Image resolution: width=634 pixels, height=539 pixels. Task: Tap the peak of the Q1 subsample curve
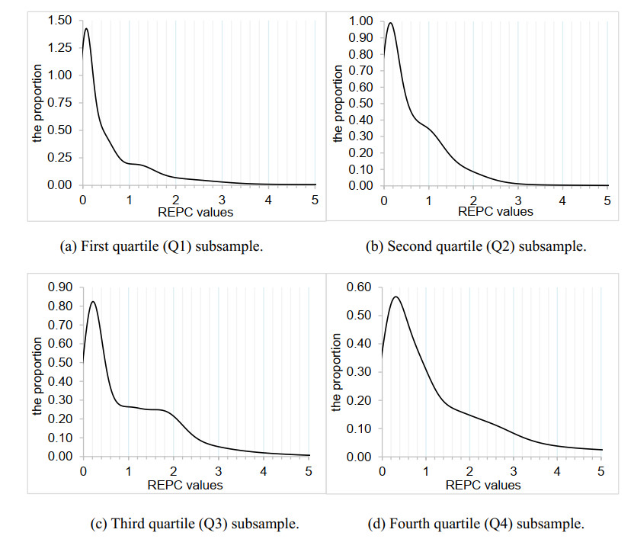coord(86,29)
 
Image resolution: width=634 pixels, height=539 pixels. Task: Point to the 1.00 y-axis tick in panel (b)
coord(362,21)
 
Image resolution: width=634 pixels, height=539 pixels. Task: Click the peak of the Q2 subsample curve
coord(390,23)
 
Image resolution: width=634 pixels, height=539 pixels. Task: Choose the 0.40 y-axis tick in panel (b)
coord(362,120)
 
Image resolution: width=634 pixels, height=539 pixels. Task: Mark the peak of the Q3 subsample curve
coord(93,301)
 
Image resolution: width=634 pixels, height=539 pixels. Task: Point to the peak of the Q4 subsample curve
coord(396,297)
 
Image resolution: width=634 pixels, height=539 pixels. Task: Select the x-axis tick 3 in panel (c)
coord(219,472)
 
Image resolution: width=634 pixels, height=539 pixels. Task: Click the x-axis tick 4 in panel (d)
coord(557,472)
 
